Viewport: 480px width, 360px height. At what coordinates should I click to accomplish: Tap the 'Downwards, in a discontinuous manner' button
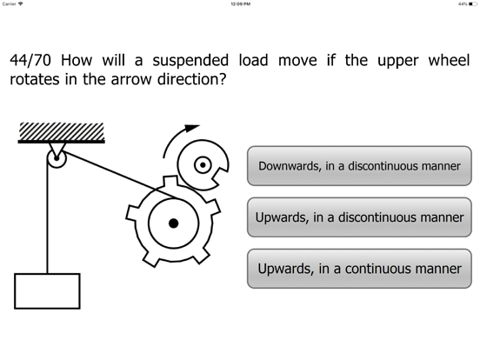(359, 166)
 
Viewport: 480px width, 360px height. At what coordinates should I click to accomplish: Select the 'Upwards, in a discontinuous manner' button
(359, 217)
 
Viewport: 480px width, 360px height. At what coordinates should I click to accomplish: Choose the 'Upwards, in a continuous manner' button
(359, 269)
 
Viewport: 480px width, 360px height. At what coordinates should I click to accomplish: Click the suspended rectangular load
(47, 291)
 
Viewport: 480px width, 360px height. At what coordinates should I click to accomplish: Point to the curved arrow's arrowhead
(191, 128)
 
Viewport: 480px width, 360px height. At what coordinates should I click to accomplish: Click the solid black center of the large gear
(174, 223)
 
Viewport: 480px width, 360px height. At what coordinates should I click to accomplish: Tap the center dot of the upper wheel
(203, 165)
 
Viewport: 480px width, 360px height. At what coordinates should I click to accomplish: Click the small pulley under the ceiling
(57, 158)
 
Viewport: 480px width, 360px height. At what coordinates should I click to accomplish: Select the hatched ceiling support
(61, 132)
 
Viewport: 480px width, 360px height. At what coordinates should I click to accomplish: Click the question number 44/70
(30, 60)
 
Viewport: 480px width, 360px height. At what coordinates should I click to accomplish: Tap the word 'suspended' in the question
(190, 61)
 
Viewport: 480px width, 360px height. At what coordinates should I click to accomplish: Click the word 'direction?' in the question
(191, 80)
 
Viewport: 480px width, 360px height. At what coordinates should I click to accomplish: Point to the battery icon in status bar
(472, 4)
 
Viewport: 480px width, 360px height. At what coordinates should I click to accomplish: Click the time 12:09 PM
(241, 4)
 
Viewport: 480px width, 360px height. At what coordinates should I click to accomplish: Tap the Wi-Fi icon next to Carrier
(21, 3)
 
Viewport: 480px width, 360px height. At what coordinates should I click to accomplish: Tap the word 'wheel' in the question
(449, 60)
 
